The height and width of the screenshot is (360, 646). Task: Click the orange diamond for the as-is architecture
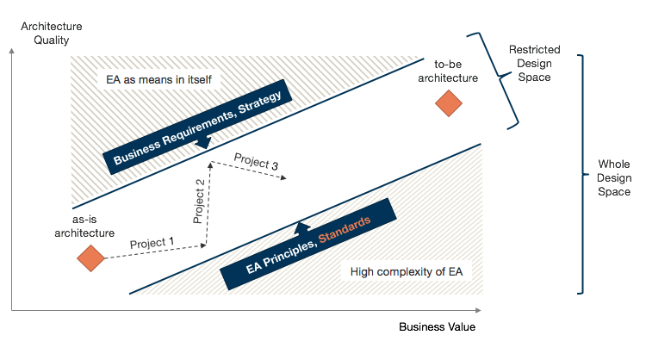[x=90, y=258]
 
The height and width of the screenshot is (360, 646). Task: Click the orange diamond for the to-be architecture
[x=449, y=104]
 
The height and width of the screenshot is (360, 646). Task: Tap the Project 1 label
[x=152, y=243]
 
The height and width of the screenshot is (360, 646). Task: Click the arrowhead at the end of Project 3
[x=284, y=178]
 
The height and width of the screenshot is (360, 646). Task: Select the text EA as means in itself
[x=158, y=79]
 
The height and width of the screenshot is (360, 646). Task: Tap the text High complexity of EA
[x=406, y=272]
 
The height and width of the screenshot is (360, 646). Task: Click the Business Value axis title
[x=437, y=327]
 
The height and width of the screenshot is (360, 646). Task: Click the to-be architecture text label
[x=456, y=71]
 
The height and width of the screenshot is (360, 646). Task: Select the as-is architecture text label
[x=84, y=227]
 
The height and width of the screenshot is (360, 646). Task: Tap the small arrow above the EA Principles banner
[x=301, y=227]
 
